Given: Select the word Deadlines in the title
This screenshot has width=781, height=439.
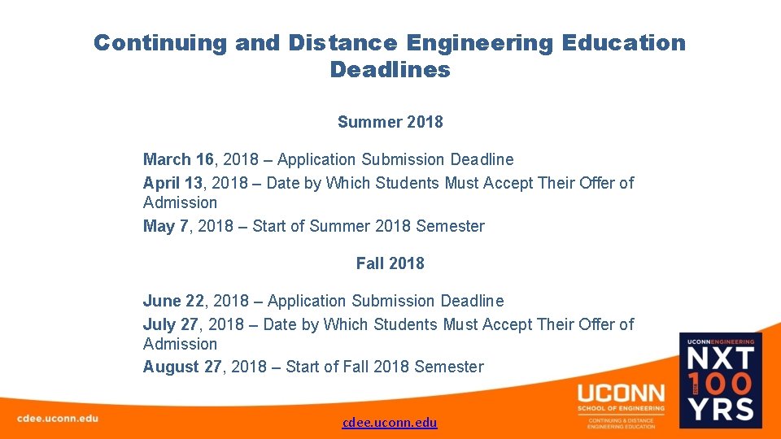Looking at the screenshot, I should click(390, 70).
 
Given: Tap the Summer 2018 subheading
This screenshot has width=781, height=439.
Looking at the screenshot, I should click(390, 122).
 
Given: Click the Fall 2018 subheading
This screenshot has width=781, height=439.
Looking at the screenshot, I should click(390, 263).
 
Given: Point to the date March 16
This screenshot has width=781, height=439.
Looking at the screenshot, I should click(178, 159).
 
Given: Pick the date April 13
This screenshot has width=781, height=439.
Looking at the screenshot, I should click(172, 183).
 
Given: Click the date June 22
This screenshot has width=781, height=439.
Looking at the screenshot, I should click(173, 301).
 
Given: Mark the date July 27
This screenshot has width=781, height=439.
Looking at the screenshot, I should click(170, 324).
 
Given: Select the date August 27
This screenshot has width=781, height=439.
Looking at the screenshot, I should click(181, 367).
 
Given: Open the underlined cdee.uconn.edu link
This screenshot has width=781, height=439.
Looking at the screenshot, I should click(390, 422).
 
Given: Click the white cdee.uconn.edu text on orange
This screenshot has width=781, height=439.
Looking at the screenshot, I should click(57, 418).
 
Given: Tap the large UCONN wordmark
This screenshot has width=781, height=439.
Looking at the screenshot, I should click(621, 393).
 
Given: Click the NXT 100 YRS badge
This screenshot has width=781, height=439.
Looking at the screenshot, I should click(720, 380).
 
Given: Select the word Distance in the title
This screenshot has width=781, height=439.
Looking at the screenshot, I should click(343, 43).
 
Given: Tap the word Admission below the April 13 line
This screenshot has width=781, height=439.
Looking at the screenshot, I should click(180, 202).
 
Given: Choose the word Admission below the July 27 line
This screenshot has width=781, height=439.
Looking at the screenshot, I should click(180, 344).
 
